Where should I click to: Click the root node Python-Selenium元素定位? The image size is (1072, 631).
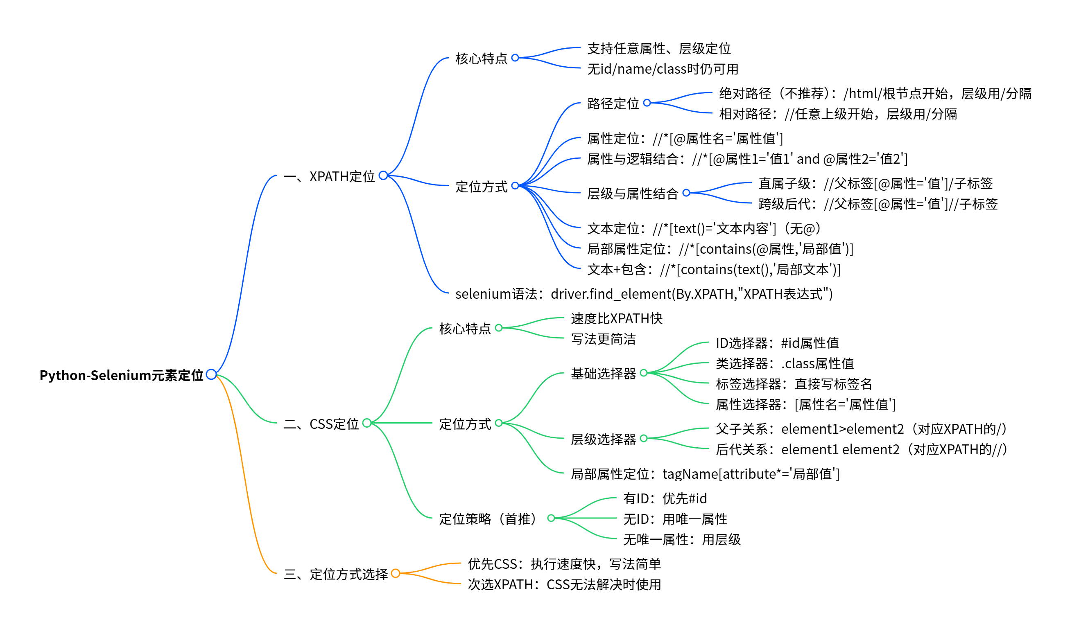(x=121, y=375)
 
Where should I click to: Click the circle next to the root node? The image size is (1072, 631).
(x=211, y=374)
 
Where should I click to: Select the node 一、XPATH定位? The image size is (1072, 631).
(x=329, y=176)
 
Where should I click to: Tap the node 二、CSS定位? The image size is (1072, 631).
(x=321, y=424)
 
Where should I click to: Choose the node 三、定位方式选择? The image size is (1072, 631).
(x=336, y=574)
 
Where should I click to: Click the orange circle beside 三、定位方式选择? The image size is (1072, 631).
(x=395, y=573)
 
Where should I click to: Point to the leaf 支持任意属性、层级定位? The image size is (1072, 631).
(x=659, y=48)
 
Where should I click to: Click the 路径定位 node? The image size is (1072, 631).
(x=613, y=103)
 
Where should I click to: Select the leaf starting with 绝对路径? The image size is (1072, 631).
(x=875, y=94)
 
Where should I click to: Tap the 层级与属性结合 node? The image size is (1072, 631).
(x=633, y=194)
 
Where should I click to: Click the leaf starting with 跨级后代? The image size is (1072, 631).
(x=878, y=204)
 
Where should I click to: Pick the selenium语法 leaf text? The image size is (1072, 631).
(x=644, y=294)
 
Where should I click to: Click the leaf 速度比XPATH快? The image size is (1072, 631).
(x=616, y=318)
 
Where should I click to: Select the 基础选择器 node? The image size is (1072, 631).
(x=603, y=373)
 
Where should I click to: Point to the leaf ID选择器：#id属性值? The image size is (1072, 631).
(x=777, y=343)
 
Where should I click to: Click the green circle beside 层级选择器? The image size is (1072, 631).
(x=643, y=438)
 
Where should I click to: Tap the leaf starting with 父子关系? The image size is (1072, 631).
(x=861, y=428)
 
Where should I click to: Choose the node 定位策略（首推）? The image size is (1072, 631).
(x=489, y=519)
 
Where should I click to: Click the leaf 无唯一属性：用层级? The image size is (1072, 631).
(x=681, y=539)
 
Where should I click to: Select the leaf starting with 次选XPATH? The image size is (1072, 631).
(x=564, y=584)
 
